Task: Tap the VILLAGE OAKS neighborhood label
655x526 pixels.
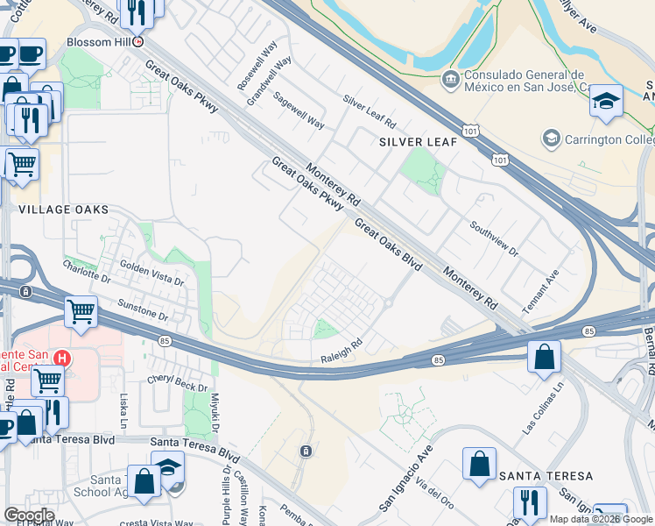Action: click(x=64, y=210)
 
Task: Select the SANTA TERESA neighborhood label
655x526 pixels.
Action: click(x=546, y=476)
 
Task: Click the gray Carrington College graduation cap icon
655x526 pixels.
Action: click(x=551, y=139)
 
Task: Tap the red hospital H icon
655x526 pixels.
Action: click(x=61, y=358)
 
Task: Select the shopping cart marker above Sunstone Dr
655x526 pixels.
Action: click(x=81, y=311)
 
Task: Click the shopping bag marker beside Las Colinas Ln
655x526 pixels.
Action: click(x=544, y=358)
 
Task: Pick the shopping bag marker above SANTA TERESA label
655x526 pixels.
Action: click(x=480, y=464)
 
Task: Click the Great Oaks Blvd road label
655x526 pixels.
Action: click(x=388, y=245)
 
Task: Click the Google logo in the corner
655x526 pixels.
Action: click(x=29, y=515)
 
